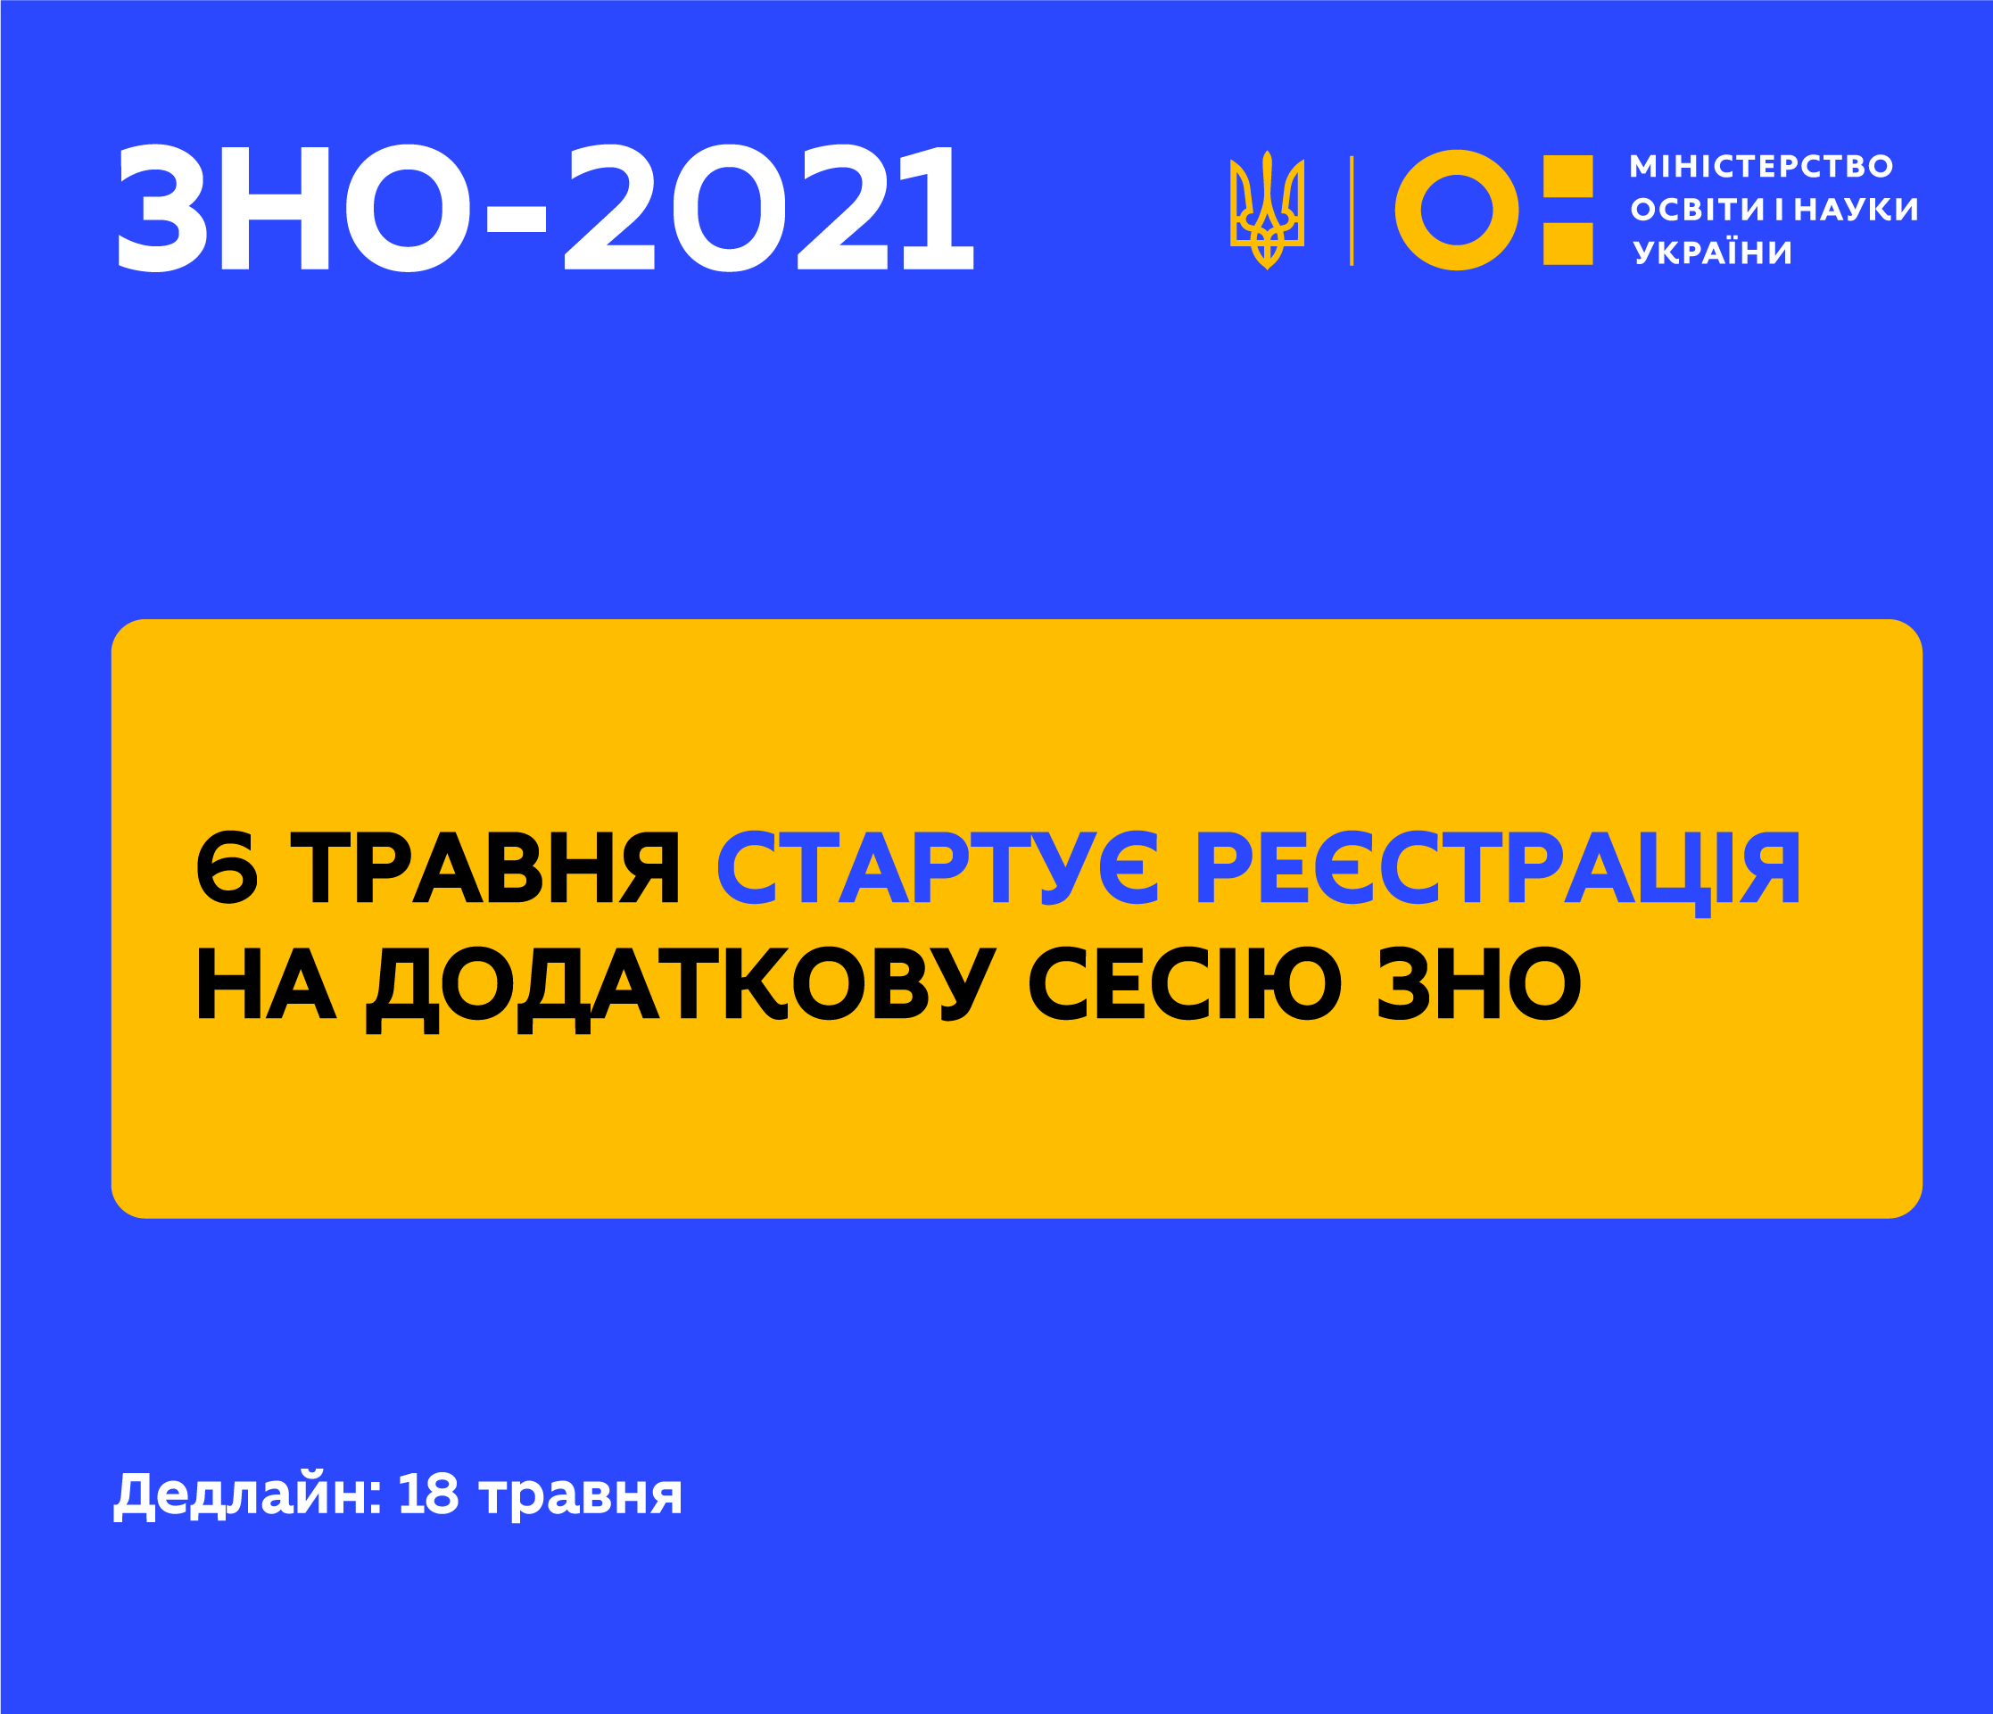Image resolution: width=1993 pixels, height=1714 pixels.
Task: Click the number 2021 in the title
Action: point(768,208)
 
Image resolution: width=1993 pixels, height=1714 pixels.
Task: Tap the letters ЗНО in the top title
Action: point(294,208)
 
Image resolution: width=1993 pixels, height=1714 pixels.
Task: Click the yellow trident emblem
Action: point(1267,210)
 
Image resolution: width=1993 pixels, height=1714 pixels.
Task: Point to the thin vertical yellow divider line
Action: point(1352,210)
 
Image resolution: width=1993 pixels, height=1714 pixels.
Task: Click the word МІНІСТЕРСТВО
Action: point(1761,166)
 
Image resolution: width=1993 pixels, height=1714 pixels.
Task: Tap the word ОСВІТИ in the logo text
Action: point(1698,210)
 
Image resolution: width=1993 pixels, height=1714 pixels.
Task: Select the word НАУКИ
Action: point(1857,210)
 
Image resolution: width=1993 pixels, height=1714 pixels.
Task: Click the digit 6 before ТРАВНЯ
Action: point(227,867)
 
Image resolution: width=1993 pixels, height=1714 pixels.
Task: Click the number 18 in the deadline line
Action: point(428,1494)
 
